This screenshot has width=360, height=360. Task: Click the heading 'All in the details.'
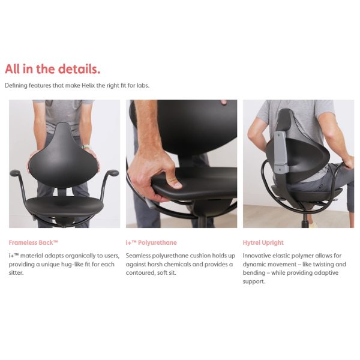53,69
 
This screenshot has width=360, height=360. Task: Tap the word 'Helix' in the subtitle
87,85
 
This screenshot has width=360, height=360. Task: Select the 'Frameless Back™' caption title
33,242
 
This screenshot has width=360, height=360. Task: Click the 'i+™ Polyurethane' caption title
151,242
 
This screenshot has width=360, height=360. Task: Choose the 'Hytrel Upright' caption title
263,242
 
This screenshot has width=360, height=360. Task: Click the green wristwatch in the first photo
86,147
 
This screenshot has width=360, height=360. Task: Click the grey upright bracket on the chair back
281,152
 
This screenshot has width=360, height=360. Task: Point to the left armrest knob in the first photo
15,172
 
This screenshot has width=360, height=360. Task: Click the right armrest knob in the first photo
113,173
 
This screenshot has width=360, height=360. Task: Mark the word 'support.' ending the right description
254,282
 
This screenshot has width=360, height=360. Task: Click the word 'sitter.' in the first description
16,273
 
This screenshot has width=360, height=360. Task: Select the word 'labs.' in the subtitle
143,85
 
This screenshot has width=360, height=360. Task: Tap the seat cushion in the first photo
65,206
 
